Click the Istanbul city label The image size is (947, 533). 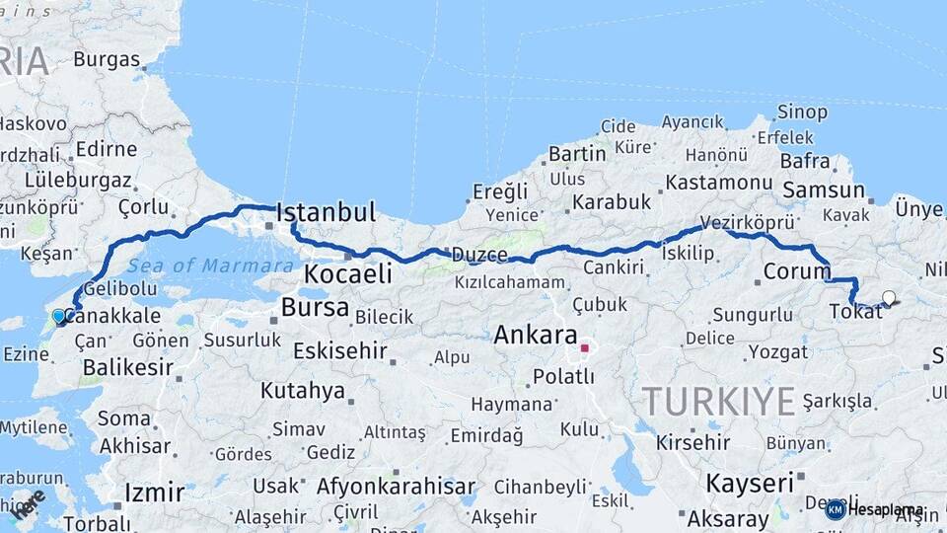327,212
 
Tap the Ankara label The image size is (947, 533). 535,335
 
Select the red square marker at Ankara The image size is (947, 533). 584,347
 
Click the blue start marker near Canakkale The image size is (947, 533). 59,317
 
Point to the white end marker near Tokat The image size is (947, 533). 889,298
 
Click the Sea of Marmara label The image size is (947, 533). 210,266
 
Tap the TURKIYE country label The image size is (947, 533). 718,402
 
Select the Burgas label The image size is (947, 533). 107,59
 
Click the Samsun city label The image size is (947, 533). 823,190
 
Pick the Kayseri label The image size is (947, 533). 750,484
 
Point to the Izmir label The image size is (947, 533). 154,493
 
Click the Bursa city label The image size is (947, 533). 315,308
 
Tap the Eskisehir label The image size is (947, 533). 338,351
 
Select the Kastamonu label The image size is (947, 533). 718,183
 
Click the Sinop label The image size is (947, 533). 802,112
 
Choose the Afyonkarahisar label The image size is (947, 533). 396,487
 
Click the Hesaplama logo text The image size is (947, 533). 885,509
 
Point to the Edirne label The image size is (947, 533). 106,149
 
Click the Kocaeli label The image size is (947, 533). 348,274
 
